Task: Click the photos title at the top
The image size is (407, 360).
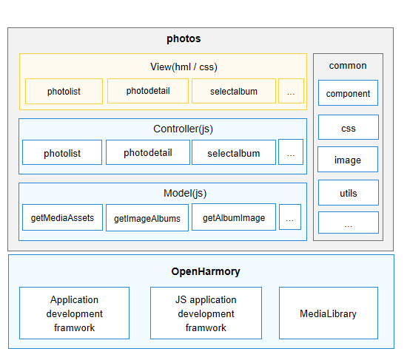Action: (x=184, y=38)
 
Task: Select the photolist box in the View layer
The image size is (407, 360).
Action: (x=64, y=92)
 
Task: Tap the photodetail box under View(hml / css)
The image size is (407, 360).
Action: (x=148, y=91)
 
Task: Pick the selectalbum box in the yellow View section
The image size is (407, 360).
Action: (x=234, y=91)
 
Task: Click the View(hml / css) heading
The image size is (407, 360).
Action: (x=184, y=67)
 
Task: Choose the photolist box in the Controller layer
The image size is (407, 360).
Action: (x=62, y=152)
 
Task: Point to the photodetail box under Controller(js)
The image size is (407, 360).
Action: (x=148, y=152)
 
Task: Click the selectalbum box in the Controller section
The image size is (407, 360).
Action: (x=234, y=152)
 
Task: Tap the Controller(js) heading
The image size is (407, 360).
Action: (x=183, y=129)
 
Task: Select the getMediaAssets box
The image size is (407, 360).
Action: (x=63, y=217)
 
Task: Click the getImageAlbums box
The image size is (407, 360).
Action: (x=147, y=218)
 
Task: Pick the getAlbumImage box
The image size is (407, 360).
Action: (x=234, y=217)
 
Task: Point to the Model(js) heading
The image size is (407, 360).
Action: (x=185, y=193)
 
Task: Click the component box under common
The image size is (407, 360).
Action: (x=348, y=93)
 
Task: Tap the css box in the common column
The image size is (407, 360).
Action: (x=349, y=127)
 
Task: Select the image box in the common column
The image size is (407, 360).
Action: (x=348, y=159)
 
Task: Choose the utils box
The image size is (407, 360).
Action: (x=349, y=193)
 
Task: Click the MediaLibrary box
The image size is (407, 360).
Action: (x=329, y=313)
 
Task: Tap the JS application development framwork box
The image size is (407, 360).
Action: (x=206, y=313)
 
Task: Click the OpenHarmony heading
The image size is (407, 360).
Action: (x=206, y=271)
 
